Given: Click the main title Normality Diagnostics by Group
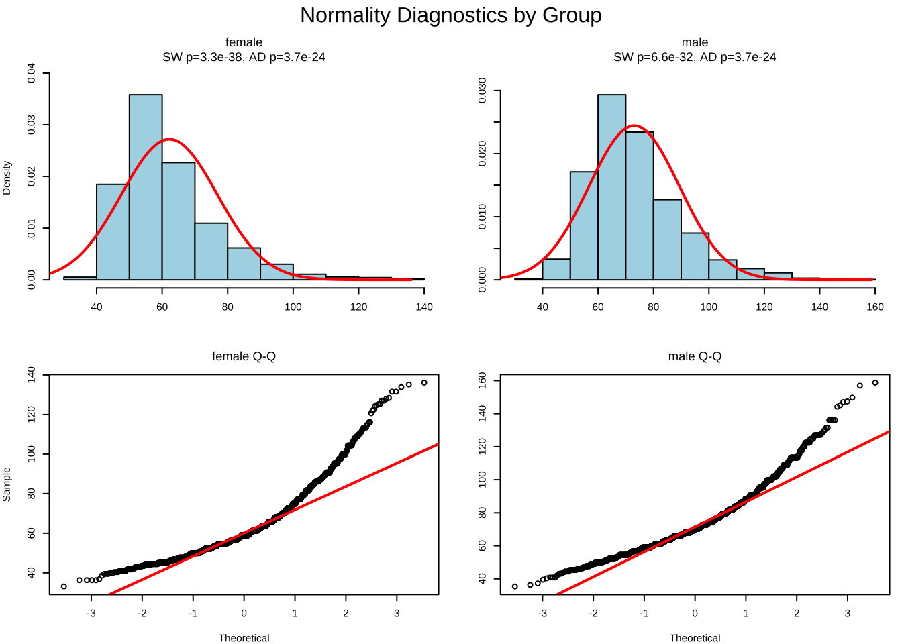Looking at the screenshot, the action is point(450,15).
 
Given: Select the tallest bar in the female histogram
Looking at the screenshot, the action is point(146,186).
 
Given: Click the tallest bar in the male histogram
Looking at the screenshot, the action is point(611,186).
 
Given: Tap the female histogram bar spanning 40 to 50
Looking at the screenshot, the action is point(113,232).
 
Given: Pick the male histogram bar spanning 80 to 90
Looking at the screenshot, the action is point(667,239).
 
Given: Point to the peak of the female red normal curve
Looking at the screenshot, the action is point(170,140).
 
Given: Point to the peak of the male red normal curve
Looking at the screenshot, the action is point(634,125).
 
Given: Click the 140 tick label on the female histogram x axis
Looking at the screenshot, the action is point(424,307).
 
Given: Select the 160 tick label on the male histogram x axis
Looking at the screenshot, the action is point(875,307).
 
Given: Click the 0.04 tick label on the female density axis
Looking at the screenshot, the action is point(32,73).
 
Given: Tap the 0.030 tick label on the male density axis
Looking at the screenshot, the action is point(483,91).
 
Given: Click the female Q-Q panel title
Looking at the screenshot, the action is point(244,356).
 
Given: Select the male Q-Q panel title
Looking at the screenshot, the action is point(695,356).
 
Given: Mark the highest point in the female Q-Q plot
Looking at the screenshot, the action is point(424,383).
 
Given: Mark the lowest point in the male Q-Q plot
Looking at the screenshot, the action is point(515,586).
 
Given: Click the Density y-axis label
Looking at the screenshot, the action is point(7,178).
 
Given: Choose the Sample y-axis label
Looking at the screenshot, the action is point(7,484).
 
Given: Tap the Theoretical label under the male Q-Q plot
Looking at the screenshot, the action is point(695,638).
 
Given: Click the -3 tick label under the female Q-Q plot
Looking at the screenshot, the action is point(91,613).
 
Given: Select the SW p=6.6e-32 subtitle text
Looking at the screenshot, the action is point(653,57).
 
